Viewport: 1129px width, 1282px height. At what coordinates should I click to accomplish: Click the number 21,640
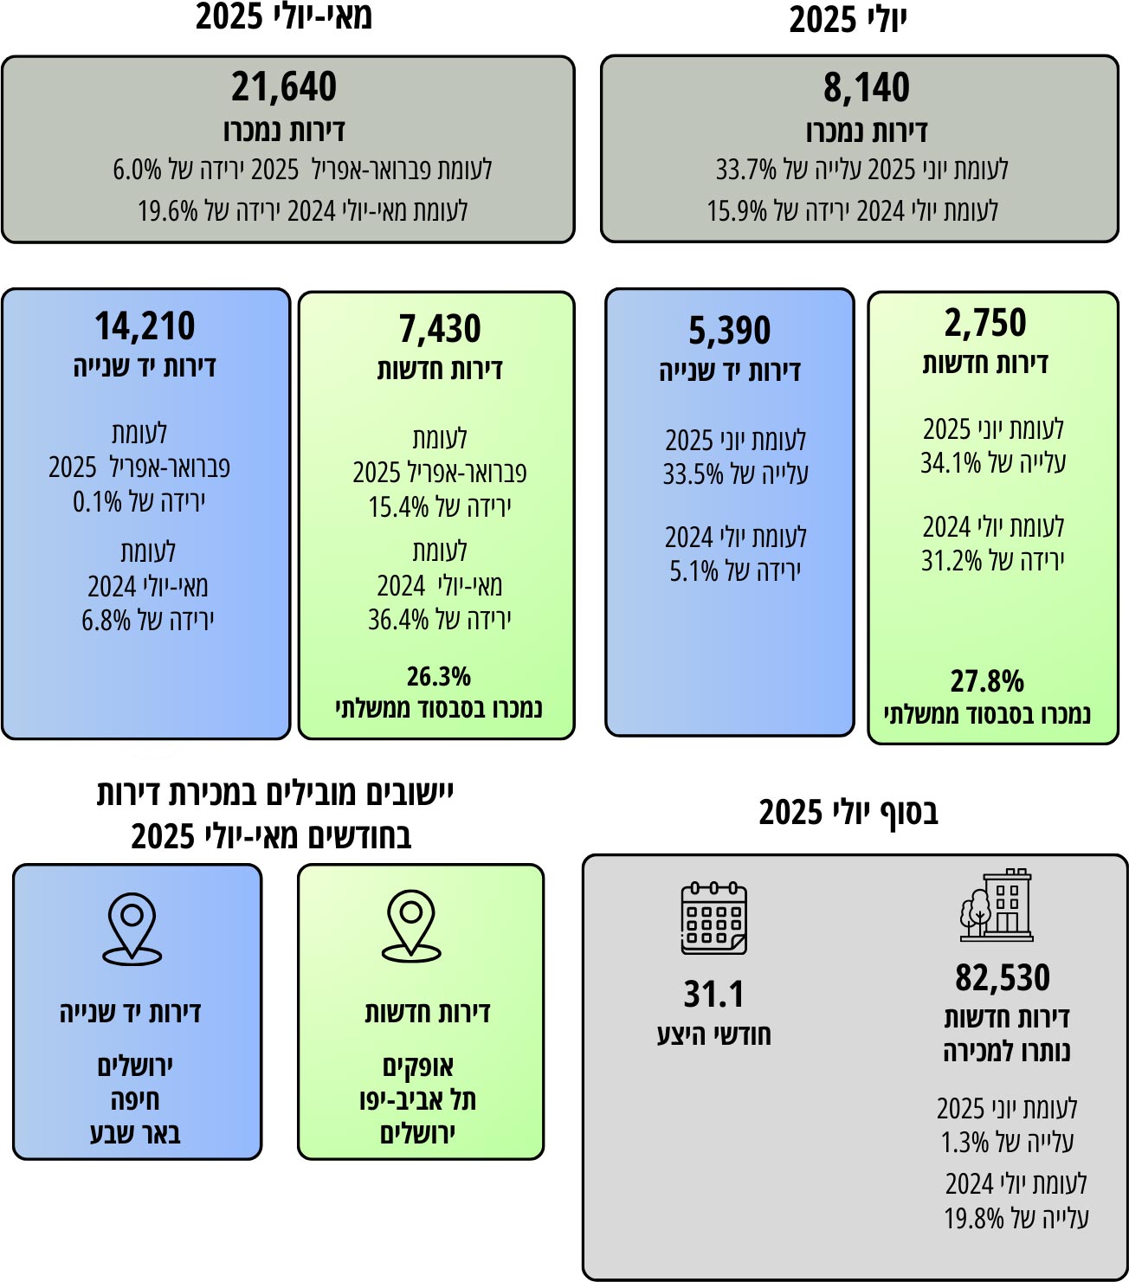click(284, 87)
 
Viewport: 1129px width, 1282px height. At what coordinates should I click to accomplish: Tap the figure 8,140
click(867, 87)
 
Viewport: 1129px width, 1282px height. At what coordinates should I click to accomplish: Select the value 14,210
click(145, 326)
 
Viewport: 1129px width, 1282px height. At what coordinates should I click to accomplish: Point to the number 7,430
click(440, 329)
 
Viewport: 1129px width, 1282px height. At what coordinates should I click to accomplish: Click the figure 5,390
click(730, 331)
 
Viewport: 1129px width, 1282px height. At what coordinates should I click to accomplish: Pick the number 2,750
click(985, 323)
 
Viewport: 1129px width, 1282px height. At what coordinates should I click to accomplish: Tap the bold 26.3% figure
click(439, 676)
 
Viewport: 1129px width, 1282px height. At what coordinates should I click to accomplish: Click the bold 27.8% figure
click(987, 681)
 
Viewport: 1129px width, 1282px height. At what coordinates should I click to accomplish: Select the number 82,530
click(1003, 977)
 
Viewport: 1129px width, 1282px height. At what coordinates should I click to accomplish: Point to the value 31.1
click(714, 995)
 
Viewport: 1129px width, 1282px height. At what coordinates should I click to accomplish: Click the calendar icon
click(714, 918)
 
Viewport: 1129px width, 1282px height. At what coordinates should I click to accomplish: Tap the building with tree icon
click(997, 905)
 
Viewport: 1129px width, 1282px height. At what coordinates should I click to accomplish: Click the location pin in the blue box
click(132, 929)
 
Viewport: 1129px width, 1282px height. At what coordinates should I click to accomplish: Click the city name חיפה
click(135, 1099)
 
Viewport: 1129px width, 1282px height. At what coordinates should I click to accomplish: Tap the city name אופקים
click(418, 1066)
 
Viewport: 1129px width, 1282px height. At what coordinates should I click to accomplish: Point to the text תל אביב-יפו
click(418, 1099)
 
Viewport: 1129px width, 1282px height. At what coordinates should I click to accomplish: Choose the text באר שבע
click(135, 1133)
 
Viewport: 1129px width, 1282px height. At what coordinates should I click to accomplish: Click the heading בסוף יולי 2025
click(848, 813)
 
